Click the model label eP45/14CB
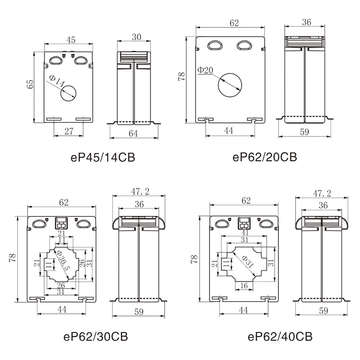click(x=103, y=157)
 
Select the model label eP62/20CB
click(x=265, y=157)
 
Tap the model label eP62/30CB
click(x=95, y=337)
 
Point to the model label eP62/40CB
click(x=280, y=337)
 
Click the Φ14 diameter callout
click(x=57, y=81)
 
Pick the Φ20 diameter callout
click(x=205, y=70)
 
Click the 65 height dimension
click(x=30, y=84)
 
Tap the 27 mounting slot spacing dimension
click(x=69, y=131)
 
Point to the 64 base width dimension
click(x=133, y=133)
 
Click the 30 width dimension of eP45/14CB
click(x=136, y=37)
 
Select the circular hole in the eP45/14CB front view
click(x=68, y=94)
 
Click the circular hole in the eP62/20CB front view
click(x=230, y=85)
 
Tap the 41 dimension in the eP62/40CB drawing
click(x=245, y=233)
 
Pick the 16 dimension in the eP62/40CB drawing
click(x=244, y=286)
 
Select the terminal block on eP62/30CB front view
click(x=62, y=223)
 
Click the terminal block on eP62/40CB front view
click(x=244, y=223)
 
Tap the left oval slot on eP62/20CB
click(x=215, y=45)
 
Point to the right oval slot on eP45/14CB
click(x=81, y=60)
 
